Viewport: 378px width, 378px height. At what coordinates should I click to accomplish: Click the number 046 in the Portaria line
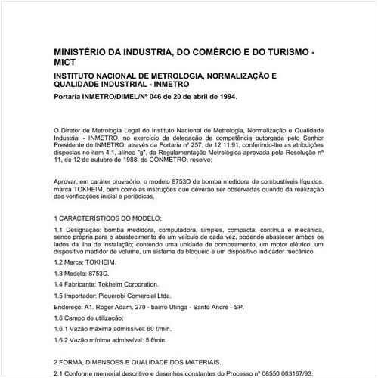(153, 98)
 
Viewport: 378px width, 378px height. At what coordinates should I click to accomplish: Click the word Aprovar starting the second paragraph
(68, 183)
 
